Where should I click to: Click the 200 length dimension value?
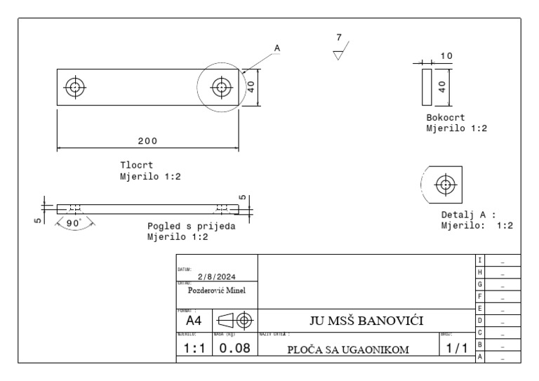pyautogui.click(x=147, y=140)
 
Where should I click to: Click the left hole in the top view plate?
pyautogui.click(x=74, y=88)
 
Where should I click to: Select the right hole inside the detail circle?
pyautogui.click(x=222, y=88)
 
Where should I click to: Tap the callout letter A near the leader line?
pyautogui.click(x=277, y=48)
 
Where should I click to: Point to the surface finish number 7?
pyautogui.click(x=339, y=37)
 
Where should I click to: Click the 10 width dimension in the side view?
pyautogui.click(x=446, y=55)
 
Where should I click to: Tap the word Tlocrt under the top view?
pyautogui.click(x=136, y=166)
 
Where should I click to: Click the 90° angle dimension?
pyautogui.click(x=73, y=223)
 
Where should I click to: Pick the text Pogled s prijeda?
pyautogui.click(x=191, y=227)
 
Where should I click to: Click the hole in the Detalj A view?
pyautogui.click(x=444, y=184)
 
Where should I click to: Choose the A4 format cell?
pyautogui.click(x=190, y=321)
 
